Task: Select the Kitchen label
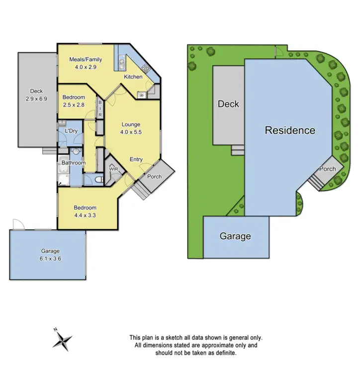(133, 77)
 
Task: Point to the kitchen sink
(121, 62)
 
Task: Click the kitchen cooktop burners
(146, 69)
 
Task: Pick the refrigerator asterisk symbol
(142, 95)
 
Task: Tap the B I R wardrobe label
(99, 108)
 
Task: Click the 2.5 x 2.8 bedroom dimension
(74, 105)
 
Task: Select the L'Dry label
(71, 131)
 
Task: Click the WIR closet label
(114, 169)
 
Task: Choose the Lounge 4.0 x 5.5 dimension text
(131, 132)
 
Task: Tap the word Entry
(136, 160)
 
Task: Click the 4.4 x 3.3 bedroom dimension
(85, 215)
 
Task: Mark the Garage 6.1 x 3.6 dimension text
(50, 259)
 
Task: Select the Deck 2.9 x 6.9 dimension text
(36, 99)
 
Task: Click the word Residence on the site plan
(290, 130)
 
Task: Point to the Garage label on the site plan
(235, 236)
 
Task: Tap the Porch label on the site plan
(327, 169)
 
